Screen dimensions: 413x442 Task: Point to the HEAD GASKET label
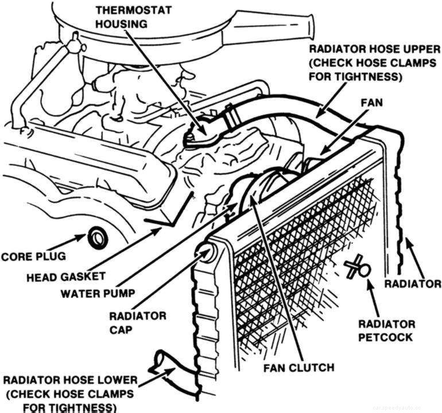coord(66,276)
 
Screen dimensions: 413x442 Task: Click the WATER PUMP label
coord(98,293)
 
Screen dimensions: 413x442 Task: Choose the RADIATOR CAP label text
coord(137,322)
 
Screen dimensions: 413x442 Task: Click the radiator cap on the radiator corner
coord(207,252)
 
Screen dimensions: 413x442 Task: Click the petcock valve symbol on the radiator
coord(359,267)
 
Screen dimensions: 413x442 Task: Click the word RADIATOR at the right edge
coord(412,284)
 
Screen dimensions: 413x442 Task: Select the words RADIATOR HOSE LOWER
coord(69,380)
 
